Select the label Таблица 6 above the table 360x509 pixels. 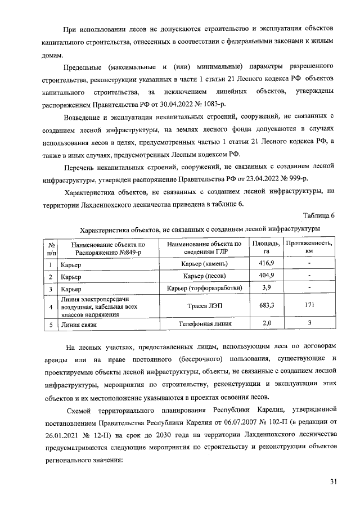(318, 216)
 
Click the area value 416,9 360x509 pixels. (266, 264)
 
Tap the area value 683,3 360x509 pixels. (266, 307)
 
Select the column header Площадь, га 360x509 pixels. (266, 247)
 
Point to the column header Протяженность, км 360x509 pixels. (309, 247)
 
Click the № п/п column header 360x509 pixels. (51, 248)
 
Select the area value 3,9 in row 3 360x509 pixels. (266, 289)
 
